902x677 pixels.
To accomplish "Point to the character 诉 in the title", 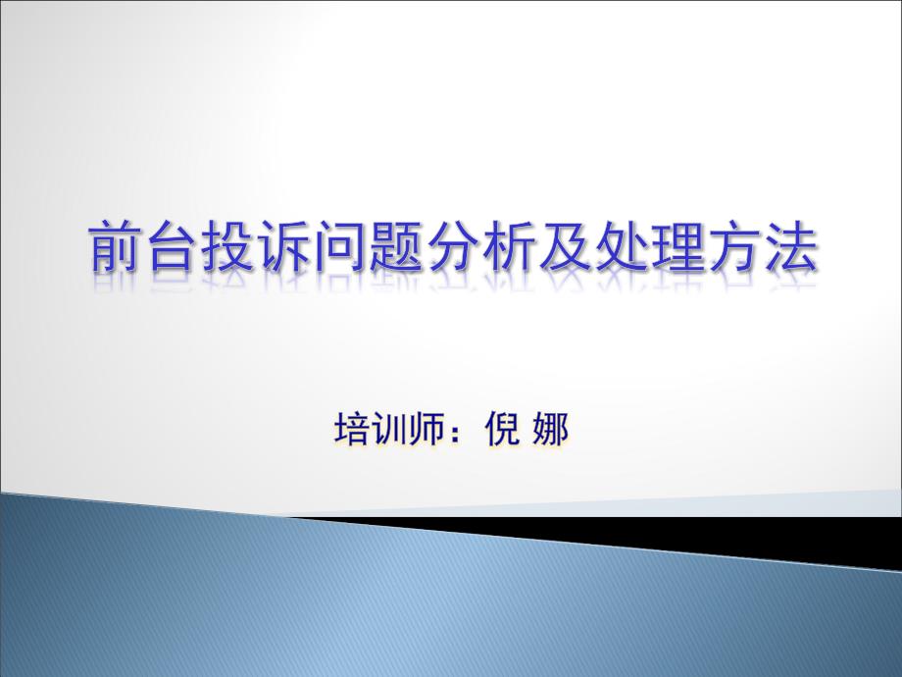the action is (283, 246).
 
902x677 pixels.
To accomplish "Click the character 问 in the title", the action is (339, 246).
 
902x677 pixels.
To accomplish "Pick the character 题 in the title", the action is (395, 246).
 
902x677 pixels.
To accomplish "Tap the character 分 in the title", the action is (452, 246).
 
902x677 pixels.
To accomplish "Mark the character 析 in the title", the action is (508, 246).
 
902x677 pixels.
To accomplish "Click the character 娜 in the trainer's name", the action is (550, 429).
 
